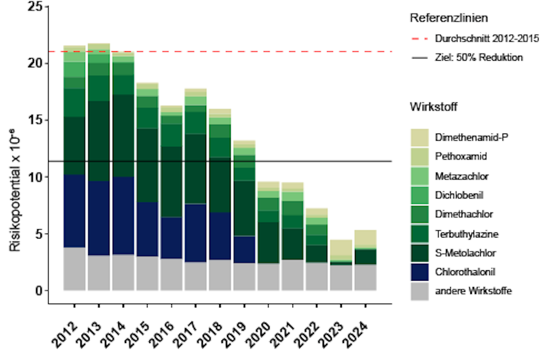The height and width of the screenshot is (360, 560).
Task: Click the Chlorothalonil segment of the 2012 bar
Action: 74,211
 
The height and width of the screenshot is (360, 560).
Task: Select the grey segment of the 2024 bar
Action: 365,277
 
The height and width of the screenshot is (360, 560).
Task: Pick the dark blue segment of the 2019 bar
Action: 243,249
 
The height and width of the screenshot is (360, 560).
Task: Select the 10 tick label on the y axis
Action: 34,177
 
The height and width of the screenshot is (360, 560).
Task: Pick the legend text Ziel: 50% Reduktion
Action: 478,57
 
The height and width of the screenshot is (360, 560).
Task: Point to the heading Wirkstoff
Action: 433,107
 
